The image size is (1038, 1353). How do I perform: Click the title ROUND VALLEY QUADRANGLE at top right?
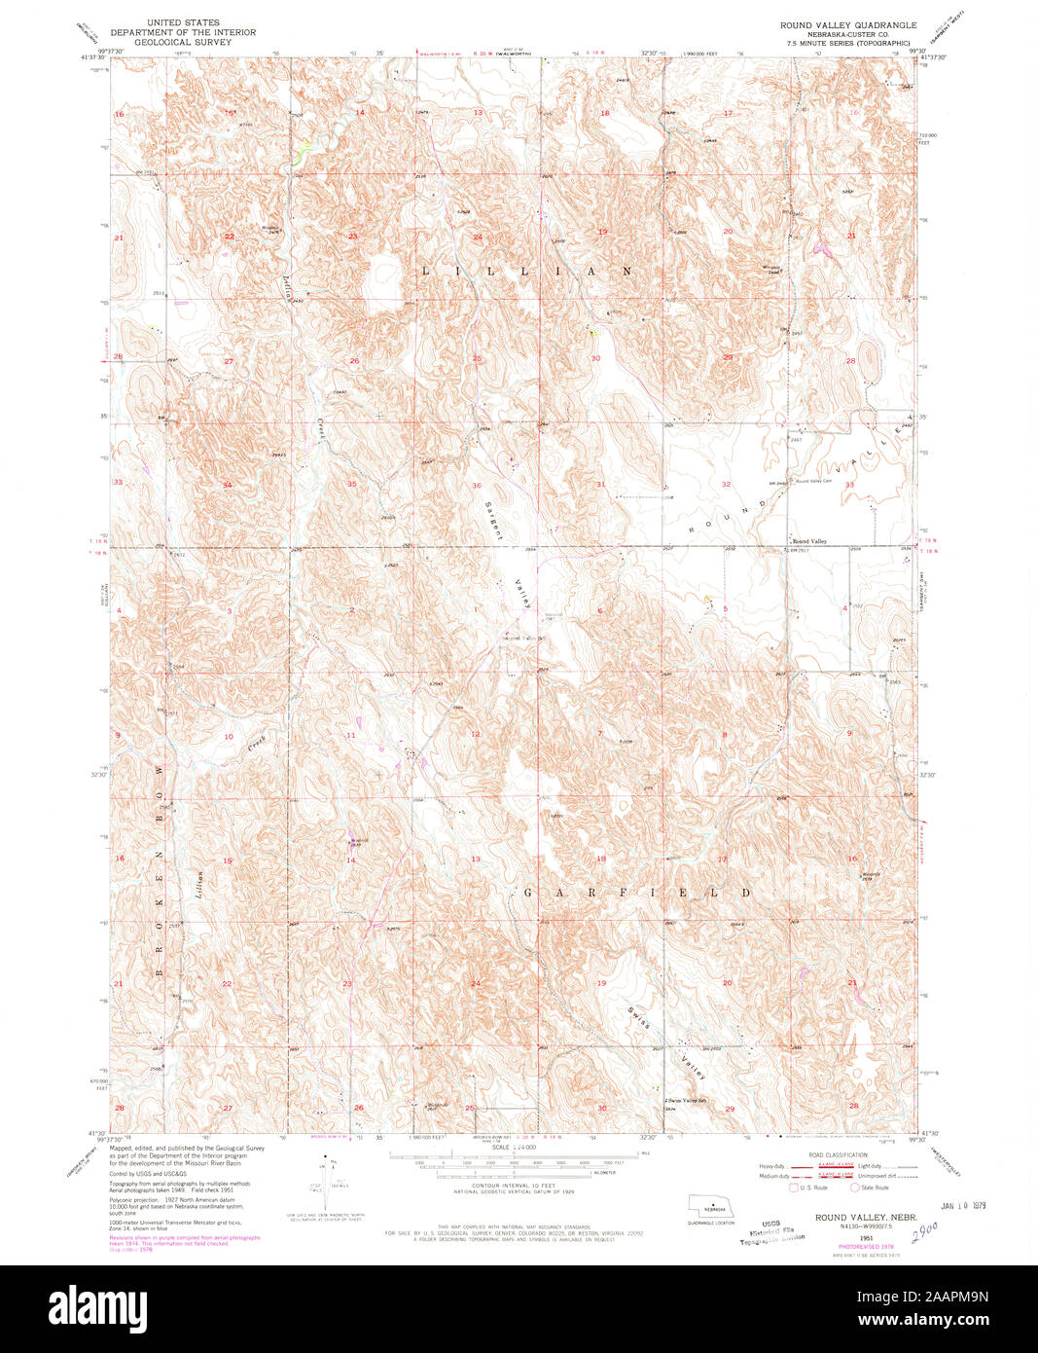847,24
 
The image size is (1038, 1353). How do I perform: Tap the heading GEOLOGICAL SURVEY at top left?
183,43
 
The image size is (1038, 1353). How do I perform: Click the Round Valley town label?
809,541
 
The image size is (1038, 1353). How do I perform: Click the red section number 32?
726,484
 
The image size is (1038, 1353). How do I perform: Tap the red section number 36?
477,485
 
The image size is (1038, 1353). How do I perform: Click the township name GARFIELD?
638,892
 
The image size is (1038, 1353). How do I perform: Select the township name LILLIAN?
526,272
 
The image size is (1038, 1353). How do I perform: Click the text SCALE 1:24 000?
514,1148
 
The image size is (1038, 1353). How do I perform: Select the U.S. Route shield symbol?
793,1188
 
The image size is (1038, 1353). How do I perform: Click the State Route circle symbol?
856,1188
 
